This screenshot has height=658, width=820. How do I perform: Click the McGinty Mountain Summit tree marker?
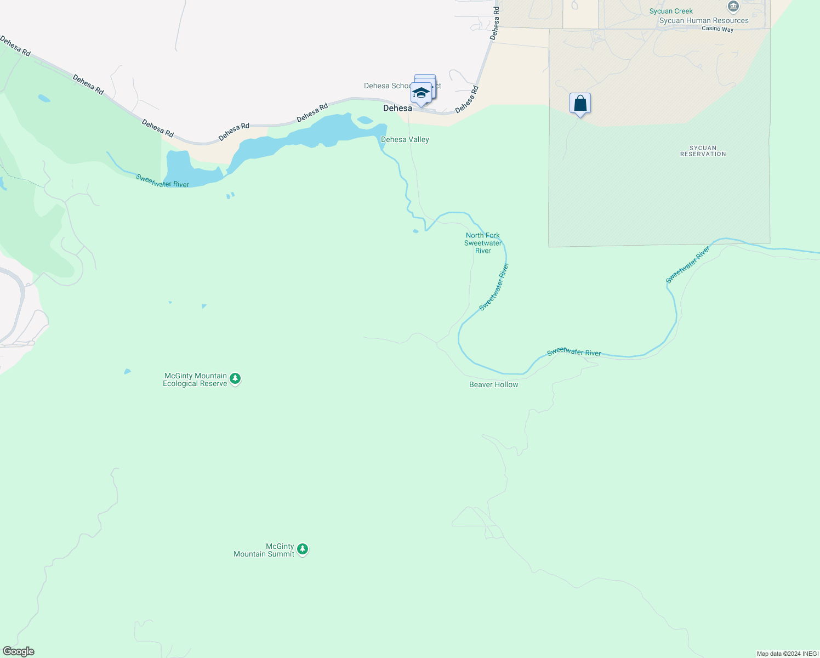coord(303,549)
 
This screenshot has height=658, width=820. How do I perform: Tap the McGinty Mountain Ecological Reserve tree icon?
coord(235,378)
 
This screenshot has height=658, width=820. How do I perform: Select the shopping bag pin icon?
coord(580,103)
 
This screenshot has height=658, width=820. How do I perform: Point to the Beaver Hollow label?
coord(493,384)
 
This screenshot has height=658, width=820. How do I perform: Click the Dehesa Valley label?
coord(405,139)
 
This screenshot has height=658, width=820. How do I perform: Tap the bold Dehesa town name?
coord(397,108)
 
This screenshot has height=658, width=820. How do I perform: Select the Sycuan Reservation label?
coord(703,151)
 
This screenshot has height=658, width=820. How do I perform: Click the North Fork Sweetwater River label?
coord(483,243)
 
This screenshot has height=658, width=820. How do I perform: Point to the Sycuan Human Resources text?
coord(704,21)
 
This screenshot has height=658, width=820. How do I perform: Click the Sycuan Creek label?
coord(671,11)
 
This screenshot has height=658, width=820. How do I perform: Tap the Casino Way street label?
coord(717,29)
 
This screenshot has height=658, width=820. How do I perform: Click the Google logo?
coord(19,651)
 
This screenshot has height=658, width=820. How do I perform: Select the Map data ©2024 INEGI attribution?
coord(787,654)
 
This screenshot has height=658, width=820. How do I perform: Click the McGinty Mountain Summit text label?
coord(264,550)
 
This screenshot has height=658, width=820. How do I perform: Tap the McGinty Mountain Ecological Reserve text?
coord(195,379)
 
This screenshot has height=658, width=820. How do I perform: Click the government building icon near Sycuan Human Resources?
coord(733,7)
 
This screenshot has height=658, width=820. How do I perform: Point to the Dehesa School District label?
coord(388,86)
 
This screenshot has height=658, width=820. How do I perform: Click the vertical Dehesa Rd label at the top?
coord(495,23)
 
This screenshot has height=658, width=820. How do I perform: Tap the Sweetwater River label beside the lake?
coord(162,180)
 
